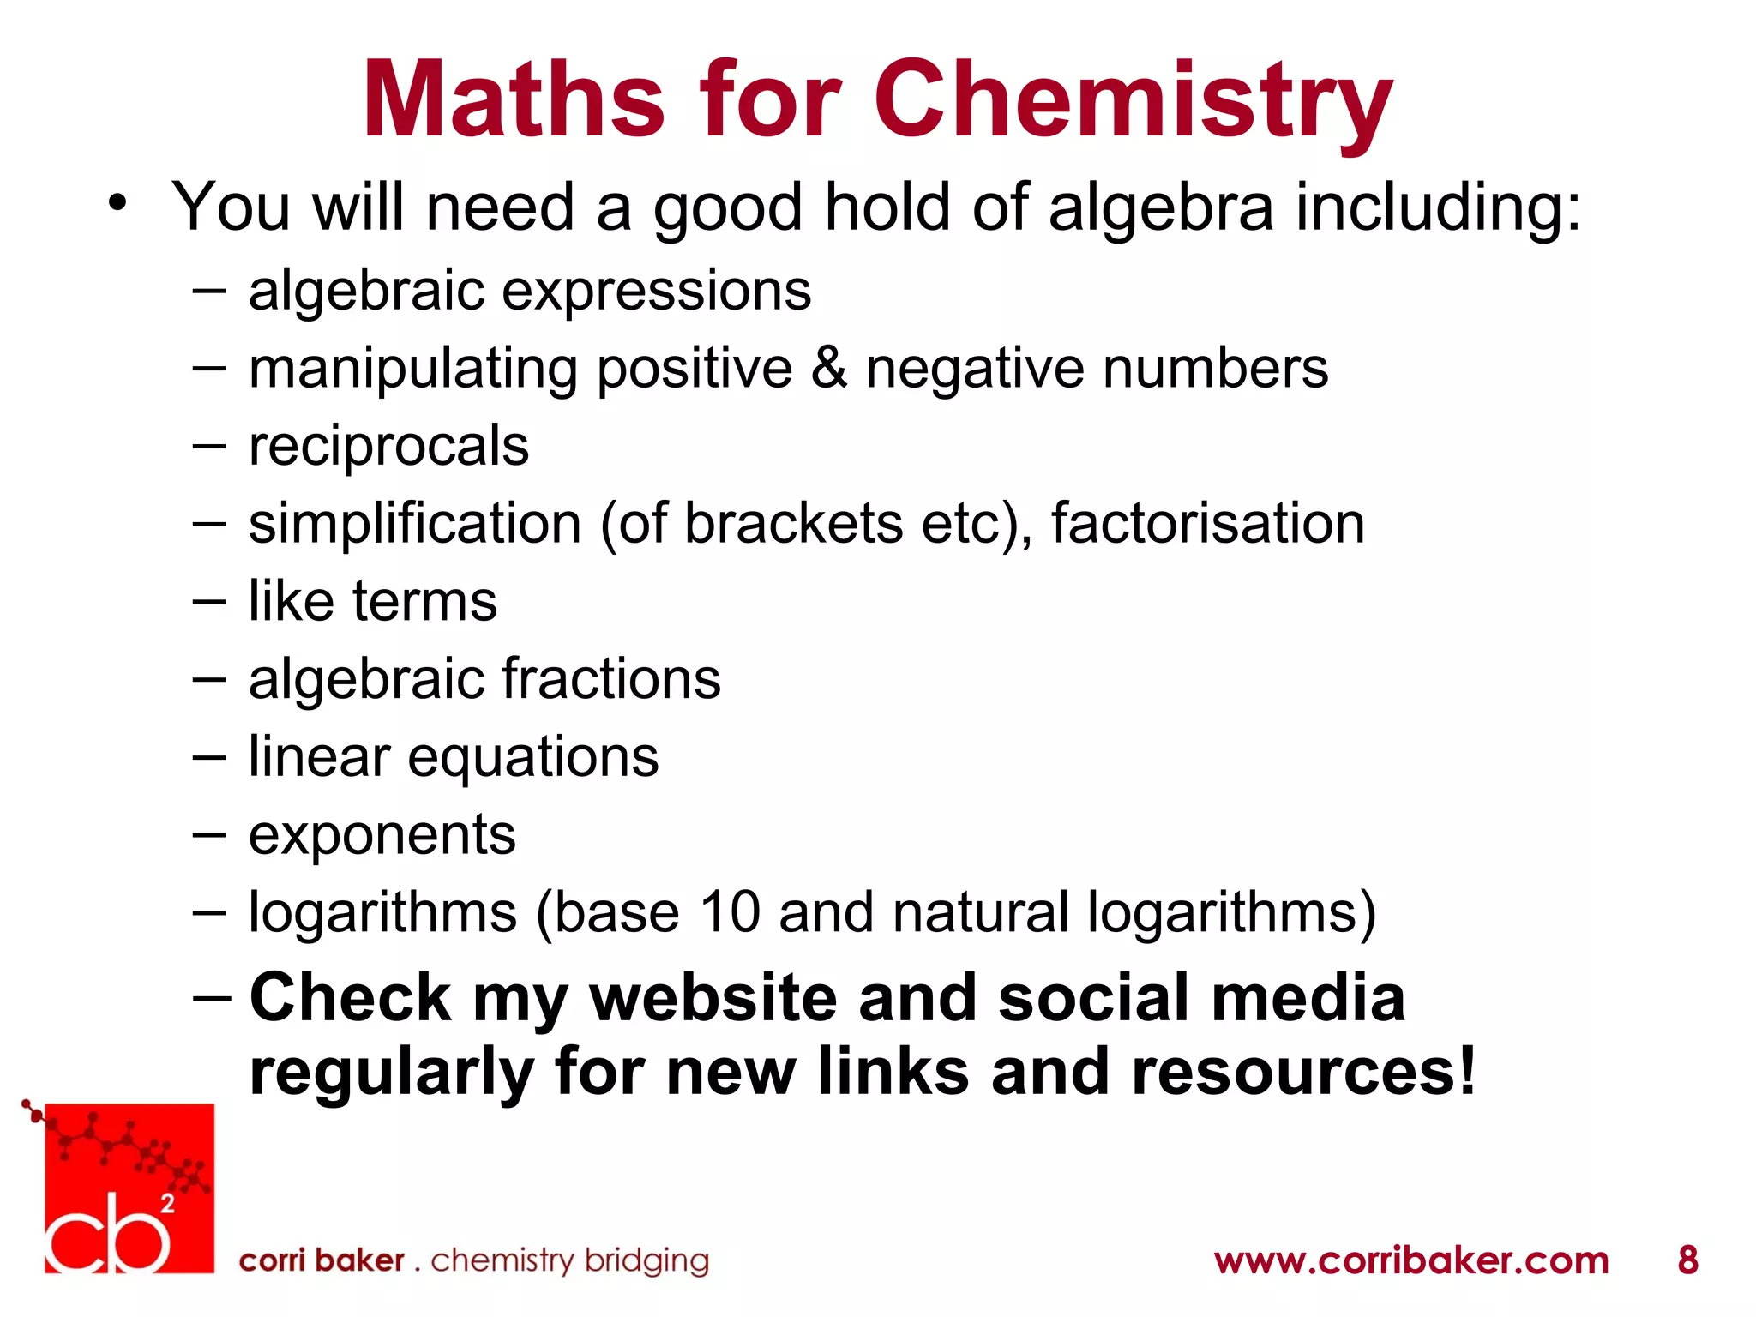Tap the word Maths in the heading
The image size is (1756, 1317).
513,101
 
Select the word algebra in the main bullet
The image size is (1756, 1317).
1161,207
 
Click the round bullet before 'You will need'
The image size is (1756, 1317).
117,204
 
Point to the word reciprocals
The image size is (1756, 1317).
388,446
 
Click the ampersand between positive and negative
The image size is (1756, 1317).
828,369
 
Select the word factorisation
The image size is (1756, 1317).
1207,523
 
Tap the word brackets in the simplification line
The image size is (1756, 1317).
793,523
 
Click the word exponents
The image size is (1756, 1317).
382,835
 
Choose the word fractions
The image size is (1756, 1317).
610,679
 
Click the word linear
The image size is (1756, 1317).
319,757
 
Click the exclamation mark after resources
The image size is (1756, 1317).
1466,1072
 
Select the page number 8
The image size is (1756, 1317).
1687,1260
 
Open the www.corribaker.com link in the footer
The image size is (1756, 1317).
1411,1260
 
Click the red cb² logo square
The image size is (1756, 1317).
129,1188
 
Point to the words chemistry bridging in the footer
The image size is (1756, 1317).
569,1260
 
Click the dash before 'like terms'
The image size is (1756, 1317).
209,602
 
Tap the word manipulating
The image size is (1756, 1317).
412,369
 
